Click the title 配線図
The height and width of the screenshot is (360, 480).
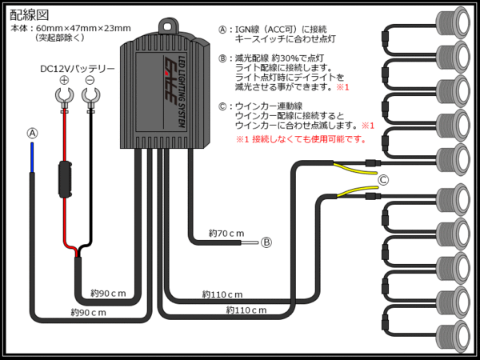[31, 14]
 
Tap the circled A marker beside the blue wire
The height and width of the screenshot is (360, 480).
[32, 133]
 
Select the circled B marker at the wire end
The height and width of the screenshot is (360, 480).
[266, 241]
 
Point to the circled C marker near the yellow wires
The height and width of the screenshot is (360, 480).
[384, 179]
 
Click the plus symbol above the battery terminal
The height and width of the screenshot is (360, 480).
[64, 80]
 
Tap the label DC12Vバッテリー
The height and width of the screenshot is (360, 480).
[78, 68]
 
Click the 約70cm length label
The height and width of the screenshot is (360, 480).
[226, 233]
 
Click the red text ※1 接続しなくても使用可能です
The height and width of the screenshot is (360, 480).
[300, 138]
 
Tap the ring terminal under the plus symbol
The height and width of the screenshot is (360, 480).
[64, 99]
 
